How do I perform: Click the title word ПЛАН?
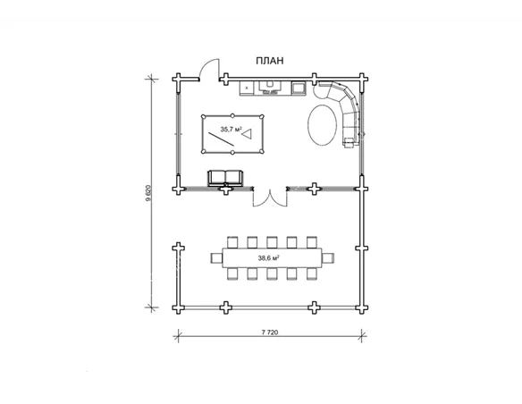click(x=270, y=61)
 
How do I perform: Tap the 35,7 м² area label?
click(x=231, y=129)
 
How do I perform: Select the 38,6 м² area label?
click(x=268, y=257)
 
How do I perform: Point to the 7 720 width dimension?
click(x=270, y=332)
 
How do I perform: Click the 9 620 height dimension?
click(x=148, y=193)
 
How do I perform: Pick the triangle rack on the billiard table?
click(x=248, y=134)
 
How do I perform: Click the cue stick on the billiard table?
click(x=221, y=139)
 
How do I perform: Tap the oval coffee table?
click(x=322, y=125)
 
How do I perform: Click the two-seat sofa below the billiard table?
click(x=225, y=178)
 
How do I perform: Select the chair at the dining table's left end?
click(x=216, y=258)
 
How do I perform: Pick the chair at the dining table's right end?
click(x=328, y=258)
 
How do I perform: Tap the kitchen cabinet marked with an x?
click(x=247, y=88)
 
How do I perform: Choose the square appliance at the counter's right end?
click(x=298, y=88)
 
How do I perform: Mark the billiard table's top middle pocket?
click(x=232, y=115)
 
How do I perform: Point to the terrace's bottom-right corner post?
click(x=361, y=308)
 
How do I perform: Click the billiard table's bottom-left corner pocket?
click(x=203, y=152)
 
